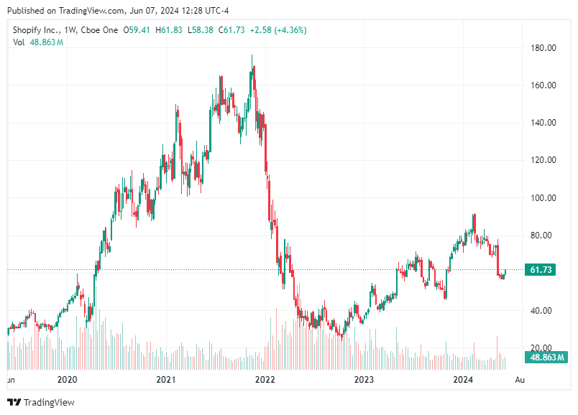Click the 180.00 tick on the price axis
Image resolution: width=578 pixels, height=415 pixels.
pyautogui.click(x=543, y=48)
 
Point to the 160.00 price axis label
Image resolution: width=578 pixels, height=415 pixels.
pyautogui.click(x=543, y=85)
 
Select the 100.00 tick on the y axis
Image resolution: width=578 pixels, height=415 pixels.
pyautogui.click(x=543, y=198)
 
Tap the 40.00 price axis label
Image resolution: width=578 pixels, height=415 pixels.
pyautogui.click(x=543, y=311)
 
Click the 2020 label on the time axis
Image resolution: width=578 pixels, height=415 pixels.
pyautogui.click(x=67, y=379)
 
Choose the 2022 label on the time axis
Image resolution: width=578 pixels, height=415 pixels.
pyautogui.click(x=265, y=379)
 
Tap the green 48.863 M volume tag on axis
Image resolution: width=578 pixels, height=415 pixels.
pyautogui.click(x=546, y=357)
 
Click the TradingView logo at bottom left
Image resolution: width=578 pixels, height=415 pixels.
pyautogui.click(x=41, y=402)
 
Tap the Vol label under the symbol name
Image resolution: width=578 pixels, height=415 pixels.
pyautogui.click(x=19, y=42)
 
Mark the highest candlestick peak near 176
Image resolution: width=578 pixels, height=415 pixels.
pyautogui.click(x=252, y=56)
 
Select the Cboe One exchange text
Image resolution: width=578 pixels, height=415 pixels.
pyautogui.click(x=100, y=31)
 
